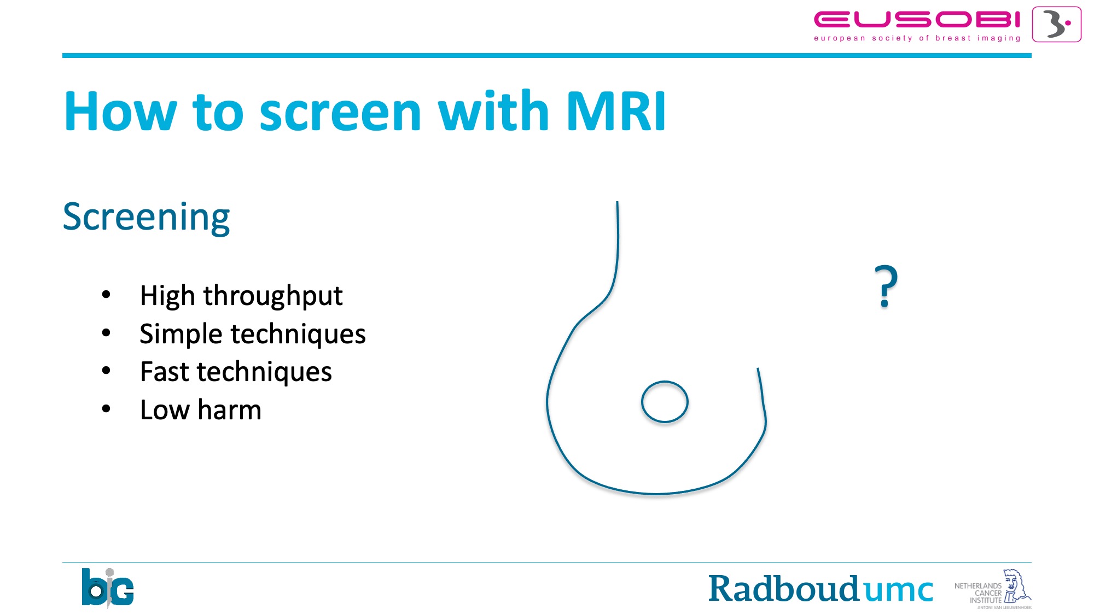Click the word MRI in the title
pos(616,112)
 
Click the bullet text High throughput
pos(241,296)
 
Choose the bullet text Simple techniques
pos(253,334)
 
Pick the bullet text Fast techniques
pos(236,372)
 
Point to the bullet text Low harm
pos(201,410)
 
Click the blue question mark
pos(886,286)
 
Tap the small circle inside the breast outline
pos(665,381)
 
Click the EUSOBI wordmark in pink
pos(917,20)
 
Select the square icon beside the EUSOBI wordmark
pos(1056,25)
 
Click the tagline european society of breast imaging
pos(917,38)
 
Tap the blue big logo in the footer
pos(107,588)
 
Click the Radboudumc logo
pos(821,589)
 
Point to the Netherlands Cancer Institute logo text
pos(978,593)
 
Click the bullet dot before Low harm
pos(106,409)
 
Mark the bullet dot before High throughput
pos(106,295)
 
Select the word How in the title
pos(120,112)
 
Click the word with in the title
pos(493,111)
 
